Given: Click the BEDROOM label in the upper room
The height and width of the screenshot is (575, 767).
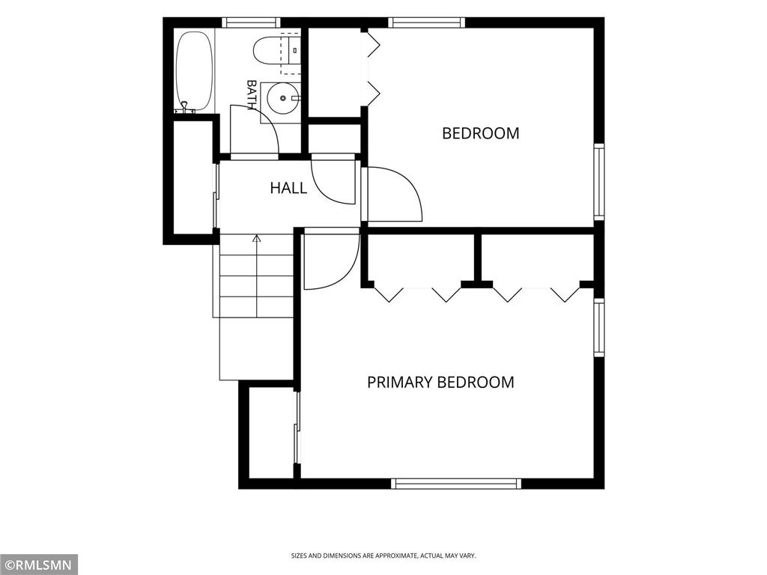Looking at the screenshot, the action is [x=480, y=133].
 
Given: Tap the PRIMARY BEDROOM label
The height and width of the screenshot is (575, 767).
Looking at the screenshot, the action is [x=440, y=382].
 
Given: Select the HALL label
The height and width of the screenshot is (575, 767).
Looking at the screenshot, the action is [x=288, y=188].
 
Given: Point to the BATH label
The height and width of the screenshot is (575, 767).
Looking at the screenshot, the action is [x=252, y=95].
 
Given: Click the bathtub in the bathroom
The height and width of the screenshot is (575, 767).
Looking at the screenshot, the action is [x=194, y=73].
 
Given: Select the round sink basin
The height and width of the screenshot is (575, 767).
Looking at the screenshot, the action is [x=282, y=98].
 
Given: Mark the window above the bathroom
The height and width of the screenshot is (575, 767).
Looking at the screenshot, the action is [x=252, y=22].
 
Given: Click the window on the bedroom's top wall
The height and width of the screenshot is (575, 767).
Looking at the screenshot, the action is [x=426, y=22].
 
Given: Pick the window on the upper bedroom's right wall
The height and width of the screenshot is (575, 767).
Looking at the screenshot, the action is [x=599, y=181].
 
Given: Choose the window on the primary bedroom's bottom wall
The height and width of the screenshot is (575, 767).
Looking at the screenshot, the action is [x=456, y=484].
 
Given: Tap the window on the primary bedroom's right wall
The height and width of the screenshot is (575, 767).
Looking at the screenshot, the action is [x=599, y=327].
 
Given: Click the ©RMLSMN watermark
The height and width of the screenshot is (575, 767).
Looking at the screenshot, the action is [x=38, y=565].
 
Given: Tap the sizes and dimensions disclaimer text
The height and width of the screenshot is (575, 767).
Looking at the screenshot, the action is [x=383, y=556].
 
